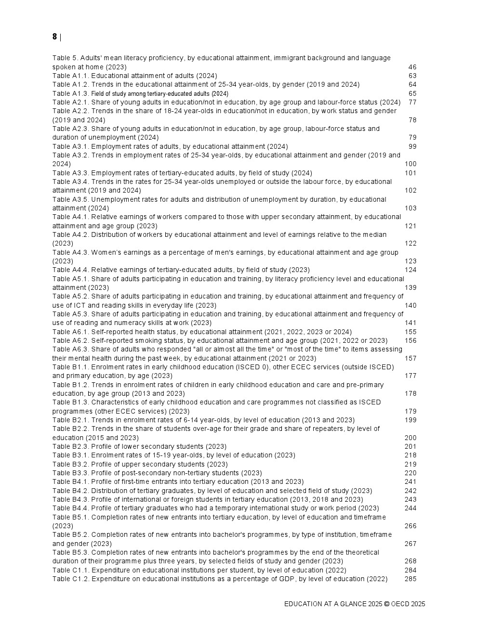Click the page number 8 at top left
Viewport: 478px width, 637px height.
(x=54, y=37)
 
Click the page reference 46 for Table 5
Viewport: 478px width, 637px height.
(x=412, y=67)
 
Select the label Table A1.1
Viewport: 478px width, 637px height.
(x=70, y=76)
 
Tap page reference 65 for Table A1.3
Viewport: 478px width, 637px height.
(x=412, y=93)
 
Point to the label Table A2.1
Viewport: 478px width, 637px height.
(x=70, y=102)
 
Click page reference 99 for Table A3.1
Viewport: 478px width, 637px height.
(x=412, y=146)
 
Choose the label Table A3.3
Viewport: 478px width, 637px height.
(x=70, y=173)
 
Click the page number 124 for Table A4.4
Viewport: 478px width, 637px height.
(x=411, y=270)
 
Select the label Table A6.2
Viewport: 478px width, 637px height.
(x=70, y=340)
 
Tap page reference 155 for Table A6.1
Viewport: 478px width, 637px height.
(x=411, y=332)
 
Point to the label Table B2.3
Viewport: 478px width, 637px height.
(x=70, y=446)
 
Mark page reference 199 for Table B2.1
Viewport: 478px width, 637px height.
(x=411, y=420)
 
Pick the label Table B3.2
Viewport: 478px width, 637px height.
(x=70, y=464)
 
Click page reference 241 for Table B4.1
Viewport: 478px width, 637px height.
(x=411, y=481)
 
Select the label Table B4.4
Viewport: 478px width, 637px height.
(x=70, y=508)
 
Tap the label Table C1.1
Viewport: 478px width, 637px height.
(x=70, y=570)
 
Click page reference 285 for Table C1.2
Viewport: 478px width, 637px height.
(x=411, y=579)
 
